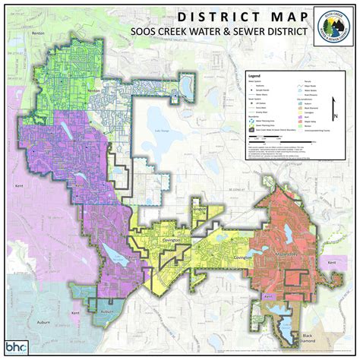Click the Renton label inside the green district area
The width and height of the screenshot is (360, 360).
point(94,90)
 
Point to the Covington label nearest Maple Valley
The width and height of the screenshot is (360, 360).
point(242,257)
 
